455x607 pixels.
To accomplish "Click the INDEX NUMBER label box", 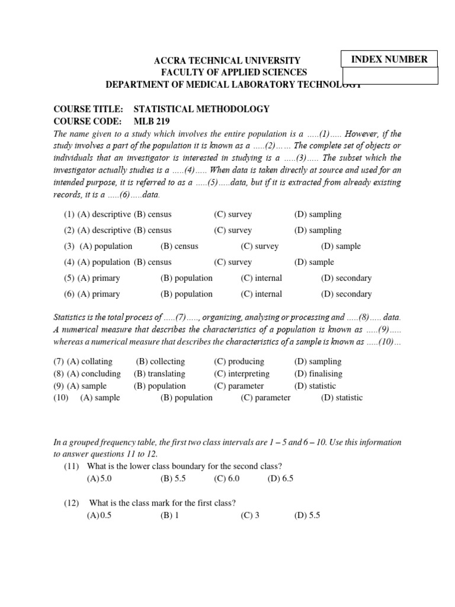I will tap(389, 59).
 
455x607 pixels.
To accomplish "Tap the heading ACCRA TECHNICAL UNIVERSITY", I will tap(227, 60).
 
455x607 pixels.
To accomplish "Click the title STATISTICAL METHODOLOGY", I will tap(201, 109).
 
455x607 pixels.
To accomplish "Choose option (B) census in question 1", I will tap(152, 215).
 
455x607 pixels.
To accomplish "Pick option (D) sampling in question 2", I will tap(318, 231).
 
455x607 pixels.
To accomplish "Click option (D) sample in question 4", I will tap(314, 262).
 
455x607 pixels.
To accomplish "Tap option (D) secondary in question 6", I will tap(346, 294).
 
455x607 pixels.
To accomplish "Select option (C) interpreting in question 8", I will tap(242, 374).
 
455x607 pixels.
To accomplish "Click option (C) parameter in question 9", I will tap(239, 386).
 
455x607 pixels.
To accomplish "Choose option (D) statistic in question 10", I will tap(342, 398).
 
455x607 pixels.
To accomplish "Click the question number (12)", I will tap(72, 503).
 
